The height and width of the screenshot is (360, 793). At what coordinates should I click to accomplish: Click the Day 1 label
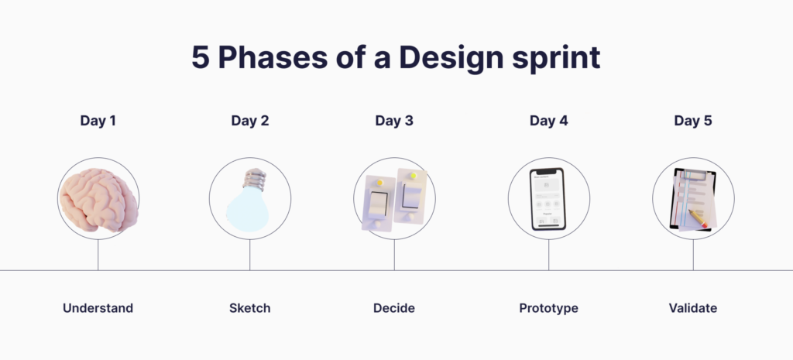(x=98, y=121)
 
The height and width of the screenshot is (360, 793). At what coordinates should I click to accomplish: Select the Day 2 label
(x=249, y=121)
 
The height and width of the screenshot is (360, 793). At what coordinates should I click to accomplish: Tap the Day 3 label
(x=394, y=121)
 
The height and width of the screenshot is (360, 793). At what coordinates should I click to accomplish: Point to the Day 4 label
(x=548, y=121)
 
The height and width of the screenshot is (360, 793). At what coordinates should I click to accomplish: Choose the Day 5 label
(x=693, y=121)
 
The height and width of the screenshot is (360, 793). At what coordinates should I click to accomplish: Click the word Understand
(x=98, y=308)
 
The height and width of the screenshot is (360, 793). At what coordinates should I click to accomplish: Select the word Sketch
(x=249, y=308)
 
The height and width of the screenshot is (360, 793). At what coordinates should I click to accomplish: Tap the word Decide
(x=394, y=308)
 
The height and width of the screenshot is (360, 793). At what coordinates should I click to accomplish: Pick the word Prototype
(x=548, y=308)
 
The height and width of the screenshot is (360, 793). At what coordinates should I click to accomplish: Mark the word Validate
(x=693, y=308)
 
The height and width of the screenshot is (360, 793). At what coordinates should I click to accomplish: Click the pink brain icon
(x=98, y=200)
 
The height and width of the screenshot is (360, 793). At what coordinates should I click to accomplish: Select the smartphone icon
(x=548, y=199)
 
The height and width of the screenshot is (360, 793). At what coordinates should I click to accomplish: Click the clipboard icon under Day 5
(x=692, y=199)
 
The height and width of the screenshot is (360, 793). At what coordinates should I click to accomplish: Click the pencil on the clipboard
(x=699, y=218)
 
